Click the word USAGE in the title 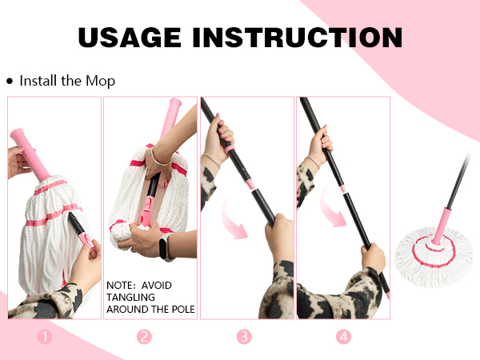130,38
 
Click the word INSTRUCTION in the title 298,38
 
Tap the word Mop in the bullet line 101,81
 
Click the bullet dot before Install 10,81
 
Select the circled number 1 45,337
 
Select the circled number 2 144,337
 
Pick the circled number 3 244,337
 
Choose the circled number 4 343,337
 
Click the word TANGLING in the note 130,298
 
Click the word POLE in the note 183,309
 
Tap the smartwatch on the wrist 166,246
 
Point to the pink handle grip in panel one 30,154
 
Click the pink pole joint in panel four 343,189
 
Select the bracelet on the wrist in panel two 159,158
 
